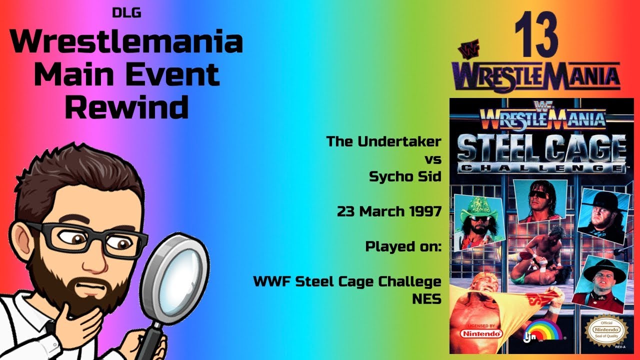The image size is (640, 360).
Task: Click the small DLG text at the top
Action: (126, 13)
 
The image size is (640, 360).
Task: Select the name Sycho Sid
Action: (405, 176)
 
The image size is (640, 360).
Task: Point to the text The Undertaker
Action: (383, 141)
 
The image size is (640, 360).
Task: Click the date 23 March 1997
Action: (388, 211)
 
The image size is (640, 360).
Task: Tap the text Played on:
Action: (403, 246)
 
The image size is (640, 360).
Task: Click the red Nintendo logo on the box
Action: (480, 332)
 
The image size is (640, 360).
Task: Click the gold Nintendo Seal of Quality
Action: (605, 330)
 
